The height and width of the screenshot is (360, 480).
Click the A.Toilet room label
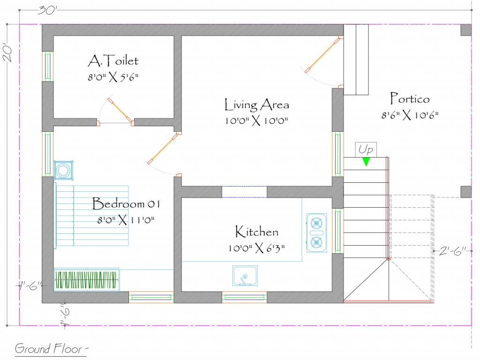tap(113, 61)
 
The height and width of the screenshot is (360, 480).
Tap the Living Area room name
tap(256, 105)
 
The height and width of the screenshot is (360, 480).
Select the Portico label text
tap(410, 99)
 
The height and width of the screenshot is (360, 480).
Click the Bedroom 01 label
tap(126, 204)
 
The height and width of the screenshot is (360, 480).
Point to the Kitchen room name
tap(256, 232)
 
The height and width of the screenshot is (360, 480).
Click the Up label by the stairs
tap(366, 150)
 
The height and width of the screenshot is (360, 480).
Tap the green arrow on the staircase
tap(366, 161)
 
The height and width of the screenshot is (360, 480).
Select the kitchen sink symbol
tap(245, 276)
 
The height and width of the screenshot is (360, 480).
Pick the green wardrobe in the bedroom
tap(86, 279)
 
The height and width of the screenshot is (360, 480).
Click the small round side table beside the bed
tap(64, 170)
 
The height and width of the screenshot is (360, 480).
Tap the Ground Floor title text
tap(52, 349)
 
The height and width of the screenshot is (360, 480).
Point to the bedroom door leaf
tap(164, 149)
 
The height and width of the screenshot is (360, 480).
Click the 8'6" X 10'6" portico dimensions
tap(410, 115)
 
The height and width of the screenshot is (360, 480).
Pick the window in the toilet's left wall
tap(48, 67)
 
